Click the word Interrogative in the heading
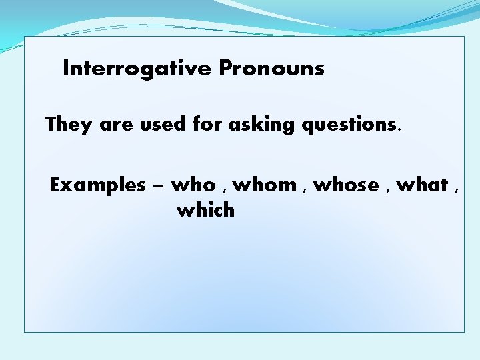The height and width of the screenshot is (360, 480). pos(137,69)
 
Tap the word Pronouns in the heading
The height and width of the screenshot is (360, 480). pos(271,69)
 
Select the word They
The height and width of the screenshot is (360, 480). pos(69,125)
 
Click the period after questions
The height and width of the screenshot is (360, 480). pos(400,131)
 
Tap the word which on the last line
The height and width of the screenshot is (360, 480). pos(205,211)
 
